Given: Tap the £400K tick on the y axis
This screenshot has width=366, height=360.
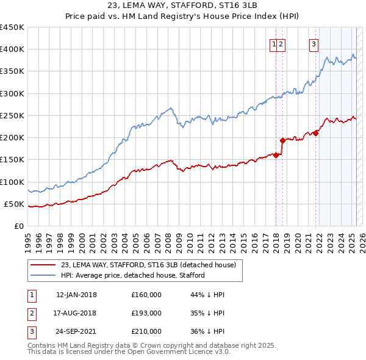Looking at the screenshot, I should (x=12, y=49).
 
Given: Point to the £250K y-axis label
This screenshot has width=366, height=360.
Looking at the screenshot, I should (x=12, y=115).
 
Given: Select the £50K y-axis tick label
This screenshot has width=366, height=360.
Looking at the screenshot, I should (x=15, y=204).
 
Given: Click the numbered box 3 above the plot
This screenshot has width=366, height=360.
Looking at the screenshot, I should (x=314, y=43).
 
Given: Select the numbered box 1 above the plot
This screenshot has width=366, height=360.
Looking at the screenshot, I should (x=274, y=43).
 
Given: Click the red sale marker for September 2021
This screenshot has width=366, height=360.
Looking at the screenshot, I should (x=316, y=133).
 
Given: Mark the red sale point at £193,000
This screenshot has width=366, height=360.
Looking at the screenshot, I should (x=282, y=140).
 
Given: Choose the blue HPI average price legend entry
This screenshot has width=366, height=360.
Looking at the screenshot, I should (x=132, y=275).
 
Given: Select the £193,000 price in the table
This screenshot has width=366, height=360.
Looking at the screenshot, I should (x=146, y=313).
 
